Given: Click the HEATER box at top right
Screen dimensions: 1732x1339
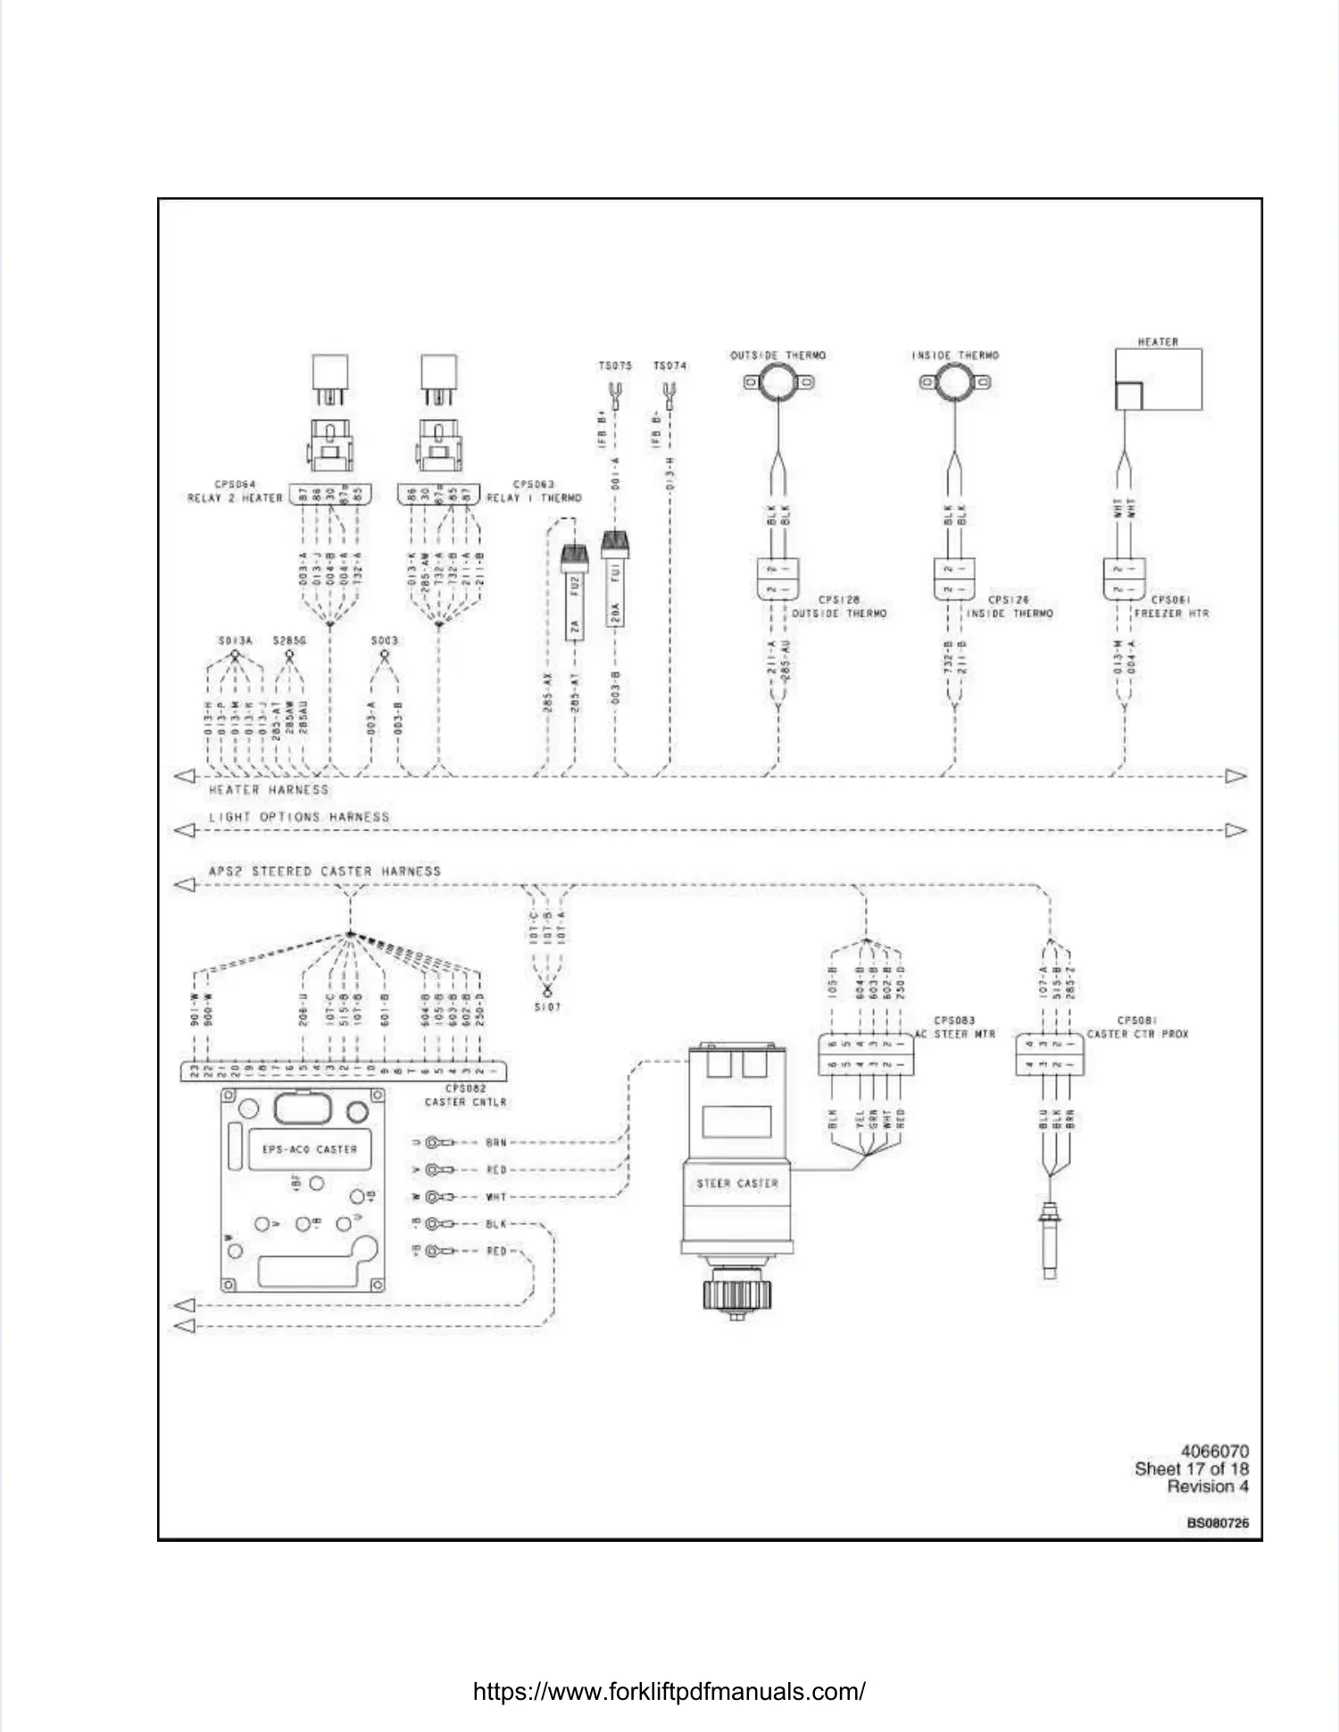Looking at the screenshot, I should pos(1158,379).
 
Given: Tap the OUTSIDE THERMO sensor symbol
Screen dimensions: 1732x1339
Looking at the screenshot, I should pos(778,383).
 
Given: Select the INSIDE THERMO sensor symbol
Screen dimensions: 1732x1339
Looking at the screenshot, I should pos(954,383).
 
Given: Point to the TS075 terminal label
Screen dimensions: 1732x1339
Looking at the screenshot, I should pos(615,366).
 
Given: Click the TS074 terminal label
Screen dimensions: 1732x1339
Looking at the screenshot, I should pos(669,366).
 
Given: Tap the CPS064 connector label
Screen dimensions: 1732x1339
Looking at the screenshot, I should pos(235,485).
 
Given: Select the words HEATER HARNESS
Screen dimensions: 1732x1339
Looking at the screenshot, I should pos(269,790).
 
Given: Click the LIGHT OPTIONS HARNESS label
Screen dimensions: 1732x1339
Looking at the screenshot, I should pos(299,817).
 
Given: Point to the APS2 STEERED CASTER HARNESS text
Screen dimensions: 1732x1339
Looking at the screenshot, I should pos(325,871).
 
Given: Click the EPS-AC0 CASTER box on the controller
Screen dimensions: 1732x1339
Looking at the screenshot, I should pos(309,1149).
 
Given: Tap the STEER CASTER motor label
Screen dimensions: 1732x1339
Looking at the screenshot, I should pos(737,1184).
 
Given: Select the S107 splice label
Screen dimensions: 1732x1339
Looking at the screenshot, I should pos(547,1007).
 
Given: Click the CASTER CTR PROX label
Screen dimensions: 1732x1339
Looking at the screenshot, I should pos(1137,1034).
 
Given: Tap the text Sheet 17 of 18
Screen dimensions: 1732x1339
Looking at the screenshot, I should pos(1191,1469).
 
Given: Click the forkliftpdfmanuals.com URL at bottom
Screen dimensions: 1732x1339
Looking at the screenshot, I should pos(669,1692).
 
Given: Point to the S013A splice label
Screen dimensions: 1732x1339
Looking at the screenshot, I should pos(235,641).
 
